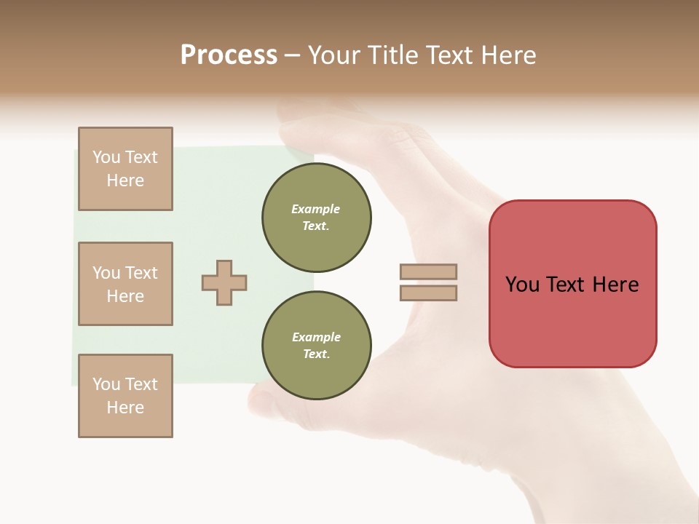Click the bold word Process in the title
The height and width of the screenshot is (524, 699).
(x=229, y=55)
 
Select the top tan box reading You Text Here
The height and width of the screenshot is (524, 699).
(x=125, y=169)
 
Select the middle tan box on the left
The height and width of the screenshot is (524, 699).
(x=125, y=284)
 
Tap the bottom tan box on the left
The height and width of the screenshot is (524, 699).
(x=125, y=396)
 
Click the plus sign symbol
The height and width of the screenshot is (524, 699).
(x=224, y=282)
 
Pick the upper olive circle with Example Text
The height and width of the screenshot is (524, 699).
(x=316, y=218)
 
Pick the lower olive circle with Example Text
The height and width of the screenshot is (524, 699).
(x=316, y=346)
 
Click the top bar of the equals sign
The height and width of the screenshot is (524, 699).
(x=428, y=271)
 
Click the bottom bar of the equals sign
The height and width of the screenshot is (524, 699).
(x=428, y=293)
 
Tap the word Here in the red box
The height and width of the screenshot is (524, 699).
(x=615, y=285)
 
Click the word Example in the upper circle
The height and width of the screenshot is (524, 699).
(x=316, y=209)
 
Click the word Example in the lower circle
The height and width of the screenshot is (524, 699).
(x=316, y=337)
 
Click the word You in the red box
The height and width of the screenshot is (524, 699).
(x=522, y=285)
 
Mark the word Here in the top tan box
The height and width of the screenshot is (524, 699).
(x=125, y=180)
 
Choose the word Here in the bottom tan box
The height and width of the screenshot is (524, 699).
(x=125, y=408)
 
